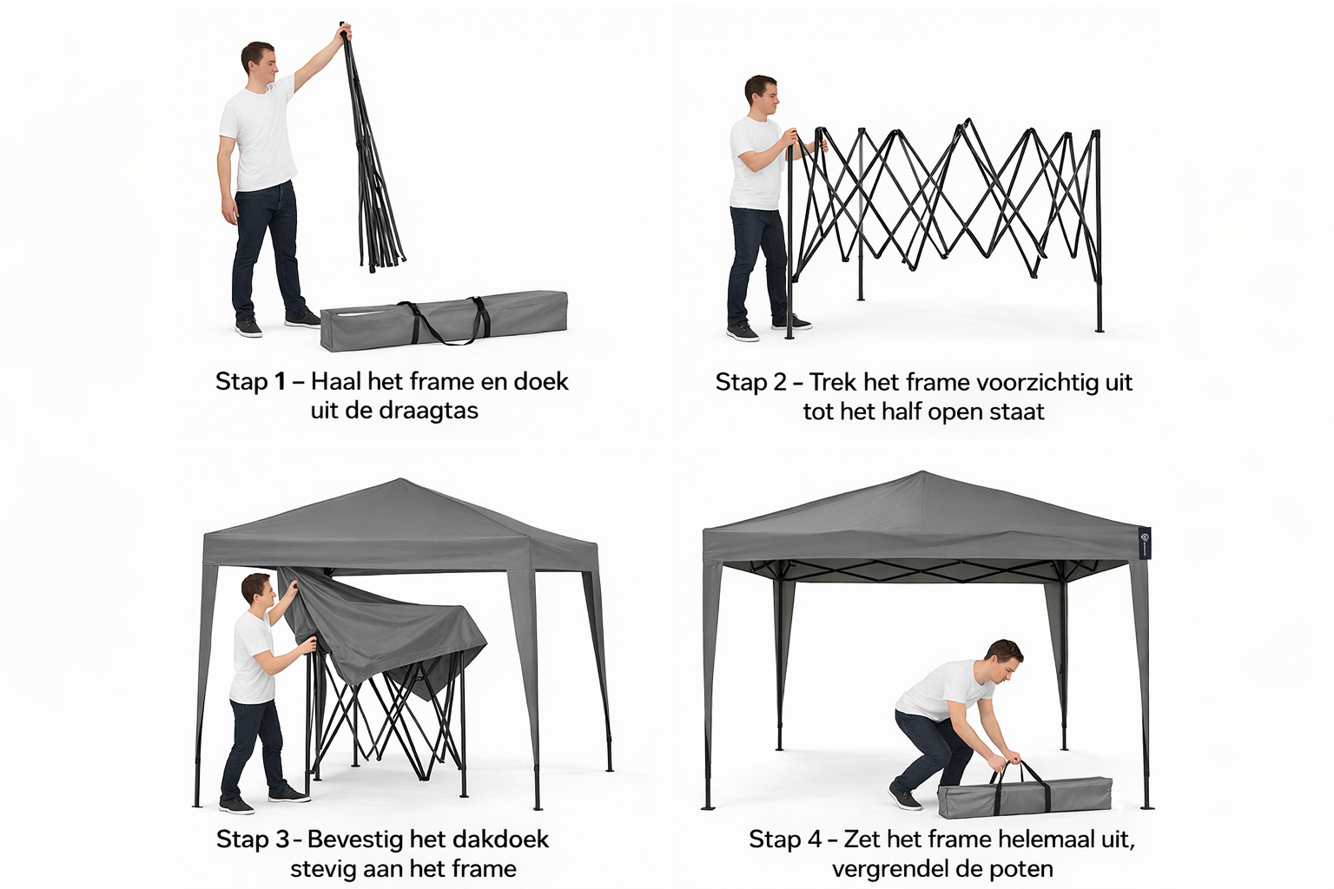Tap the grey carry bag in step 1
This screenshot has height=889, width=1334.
(x=444, y=321)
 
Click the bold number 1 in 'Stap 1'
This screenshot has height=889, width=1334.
(x=280, y=382)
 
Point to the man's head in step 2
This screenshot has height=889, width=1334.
(x=761, y=97)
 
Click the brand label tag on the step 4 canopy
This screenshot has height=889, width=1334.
(x=1145, y=543)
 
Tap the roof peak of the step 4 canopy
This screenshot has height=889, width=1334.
(x=922, y=473)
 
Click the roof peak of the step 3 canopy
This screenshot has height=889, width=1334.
(x=400, y=480)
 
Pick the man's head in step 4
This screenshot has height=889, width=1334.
(x=1003, y=660)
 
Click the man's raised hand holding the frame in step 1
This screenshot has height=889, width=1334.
(x=346, y=31)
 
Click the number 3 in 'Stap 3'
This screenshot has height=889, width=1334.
(x=282, y=840)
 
